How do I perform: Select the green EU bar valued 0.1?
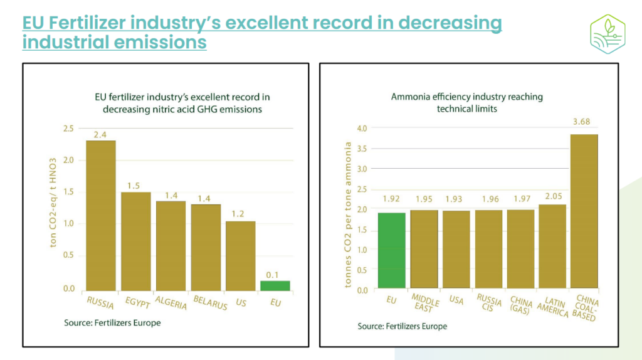(275, 286)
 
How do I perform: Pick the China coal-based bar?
(584, 211)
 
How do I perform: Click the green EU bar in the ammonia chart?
(391, 251)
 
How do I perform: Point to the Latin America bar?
(552, 246)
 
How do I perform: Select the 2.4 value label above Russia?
(100, 134)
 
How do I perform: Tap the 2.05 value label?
(552, 198)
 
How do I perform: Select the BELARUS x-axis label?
(210, 302)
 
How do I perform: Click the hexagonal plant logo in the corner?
(608, 31)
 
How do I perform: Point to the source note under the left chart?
(112, 323)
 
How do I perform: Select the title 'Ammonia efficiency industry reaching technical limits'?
(466, 102)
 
